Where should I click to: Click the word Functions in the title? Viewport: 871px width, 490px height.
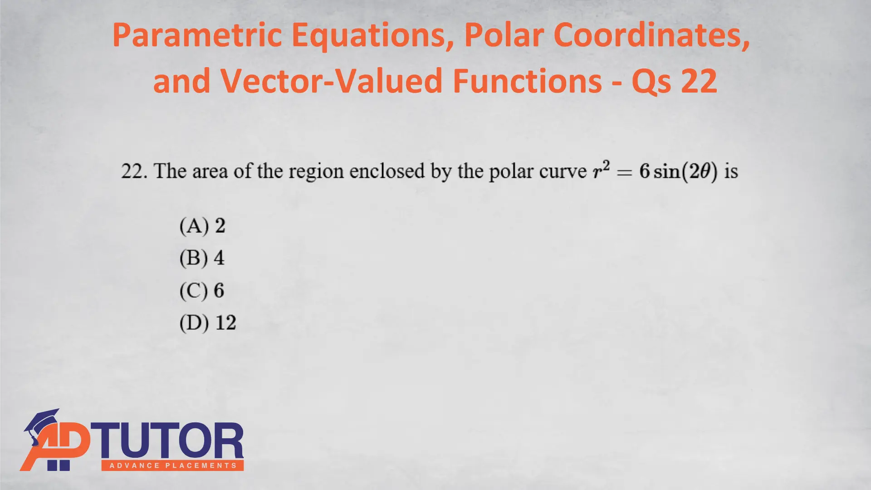pyautogui.click(x=527, y=81)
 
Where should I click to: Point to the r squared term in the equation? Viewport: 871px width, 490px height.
pyautogui.click(x=602, y=170)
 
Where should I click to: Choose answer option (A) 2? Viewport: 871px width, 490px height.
pyautogui.click(x=202, y=226)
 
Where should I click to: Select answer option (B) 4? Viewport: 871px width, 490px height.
pyautogui.click(x=202, y=258)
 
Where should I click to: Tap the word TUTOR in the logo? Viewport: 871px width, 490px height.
pyautogui.click(x=171, y=441)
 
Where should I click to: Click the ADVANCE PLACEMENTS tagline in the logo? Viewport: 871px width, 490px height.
pyautogui.click(x=173, y=465)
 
